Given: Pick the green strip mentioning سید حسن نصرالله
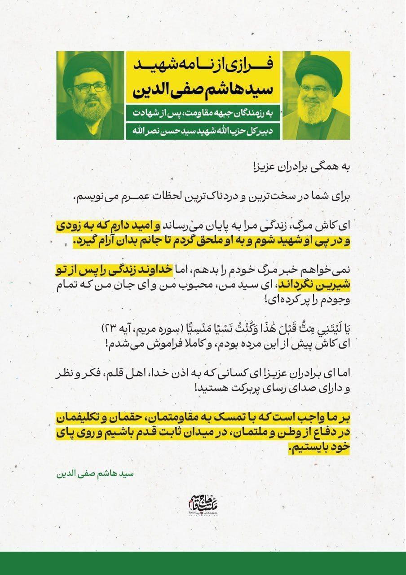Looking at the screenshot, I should click(x=203, y=132).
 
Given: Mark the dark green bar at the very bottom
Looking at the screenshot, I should click(x=203, y=563).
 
